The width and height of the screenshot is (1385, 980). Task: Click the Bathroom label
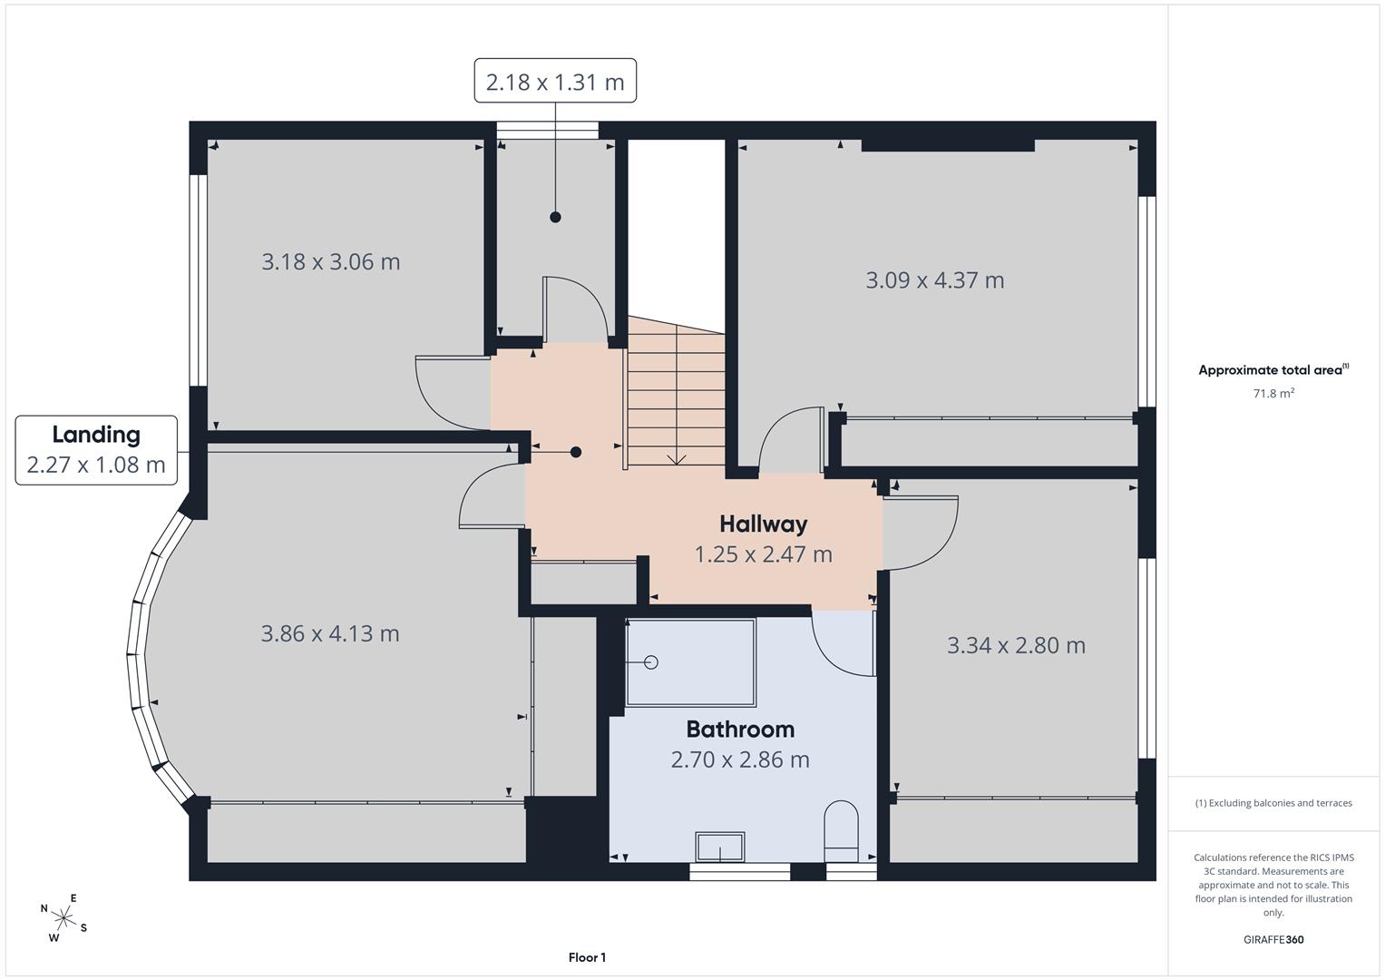(x=740, y=730)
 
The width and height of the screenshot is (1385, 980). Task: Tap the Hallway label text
(x=764, y=524)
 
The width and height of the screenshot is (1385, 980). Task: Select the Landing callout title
(x=96, y=435)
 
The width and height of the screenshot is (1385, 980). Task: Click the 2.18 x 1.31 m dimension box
(x=554, y=81)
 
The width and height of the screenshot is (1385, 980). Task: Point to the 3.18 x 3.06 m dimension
(x=331, y=261)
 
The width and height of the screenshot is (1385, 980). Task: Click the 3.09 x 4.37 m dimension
(x=935, y=280)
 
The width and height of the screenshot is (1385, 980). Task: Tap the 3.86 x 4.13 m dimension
(x=330, y=633)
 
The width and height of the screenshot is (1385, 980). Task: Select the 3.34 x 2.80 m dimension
(x=1017, y=645)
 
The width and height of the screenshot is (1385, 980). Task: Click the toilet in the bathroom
(x=842, y=831)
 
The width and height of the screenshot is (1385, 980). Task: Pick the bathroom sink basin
(x=719, y=847)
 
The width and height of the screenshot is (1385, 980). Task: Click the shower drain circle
(x=651, y=662)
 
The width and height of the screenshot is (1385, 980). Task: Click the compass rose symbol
(x=63, y=918)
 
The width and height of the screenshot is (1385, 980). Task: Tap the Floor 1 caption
(x=588, y=957)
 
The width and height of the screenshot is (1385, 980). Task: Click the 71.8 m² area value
(x=1273, y=393)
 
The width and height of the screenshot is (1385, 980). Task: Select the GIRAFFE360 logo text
(x=1273, y=939)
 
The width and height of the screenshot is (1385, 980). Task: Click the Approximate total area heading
(x=1273, y=369)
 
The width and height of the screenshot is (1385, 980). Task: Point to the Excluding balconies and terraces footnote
(x=1273, y=803)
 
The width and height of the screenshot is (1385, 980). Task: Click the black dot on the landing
(x=576, y=452)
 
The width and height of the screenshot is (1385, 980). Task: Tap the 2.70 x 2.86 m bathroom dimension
(x=740, y=759)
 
